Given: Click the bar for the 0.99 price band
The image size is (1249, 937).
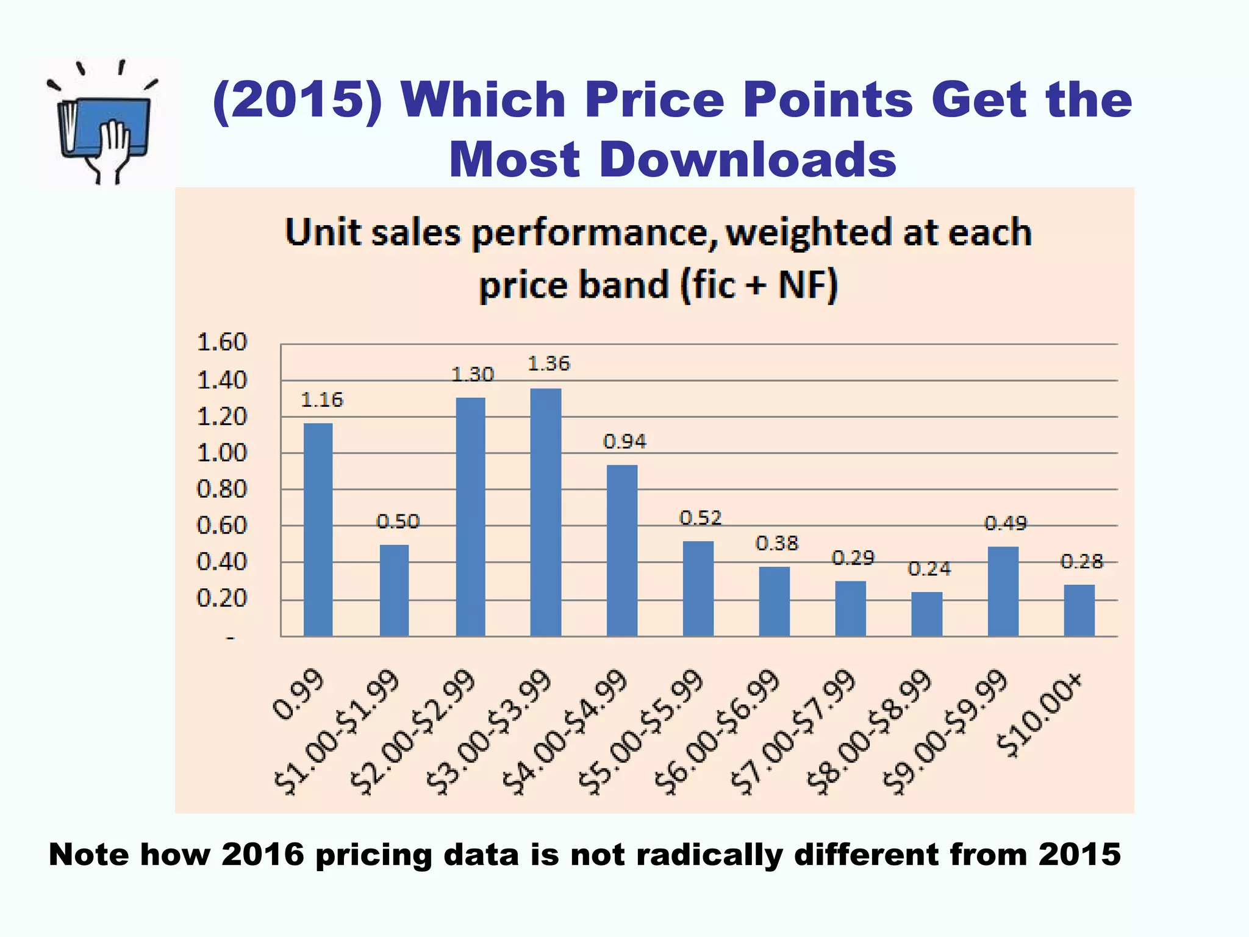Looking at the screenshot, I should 318,530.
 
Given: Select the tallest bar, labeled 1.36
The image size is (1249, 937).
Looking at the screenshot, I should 546,512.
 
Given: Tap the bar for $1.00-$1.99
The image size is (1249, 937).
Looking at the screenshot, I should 394,590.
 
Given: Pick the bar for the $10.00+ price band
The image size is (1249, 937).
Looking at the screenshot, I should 1079,610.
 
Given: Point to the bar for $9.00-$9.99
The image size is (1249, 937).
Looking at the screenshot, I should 1003,591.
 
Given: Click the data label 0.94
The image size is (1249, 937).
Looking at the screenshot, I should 624,441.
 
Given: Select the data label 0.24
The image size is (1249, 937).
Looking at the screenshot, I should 929,569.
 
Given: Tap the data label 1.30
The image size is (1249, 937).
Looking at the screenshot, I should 472,374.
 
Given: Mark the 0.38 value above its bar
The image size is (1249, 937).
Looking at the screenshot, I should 776,543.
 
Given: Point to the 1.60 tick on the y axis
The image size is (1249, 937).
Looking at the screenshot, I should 222,342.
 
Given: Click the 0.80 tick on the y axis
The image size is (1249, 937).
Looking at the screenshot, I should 222,489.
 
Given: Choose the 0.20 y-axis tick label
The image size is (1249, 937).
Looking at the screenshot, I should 222,598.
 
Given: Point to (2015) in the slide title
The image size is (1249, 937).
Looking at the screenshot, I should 298,99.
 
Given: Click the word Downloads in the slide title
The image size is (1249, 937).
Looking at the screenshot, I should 748,159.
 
